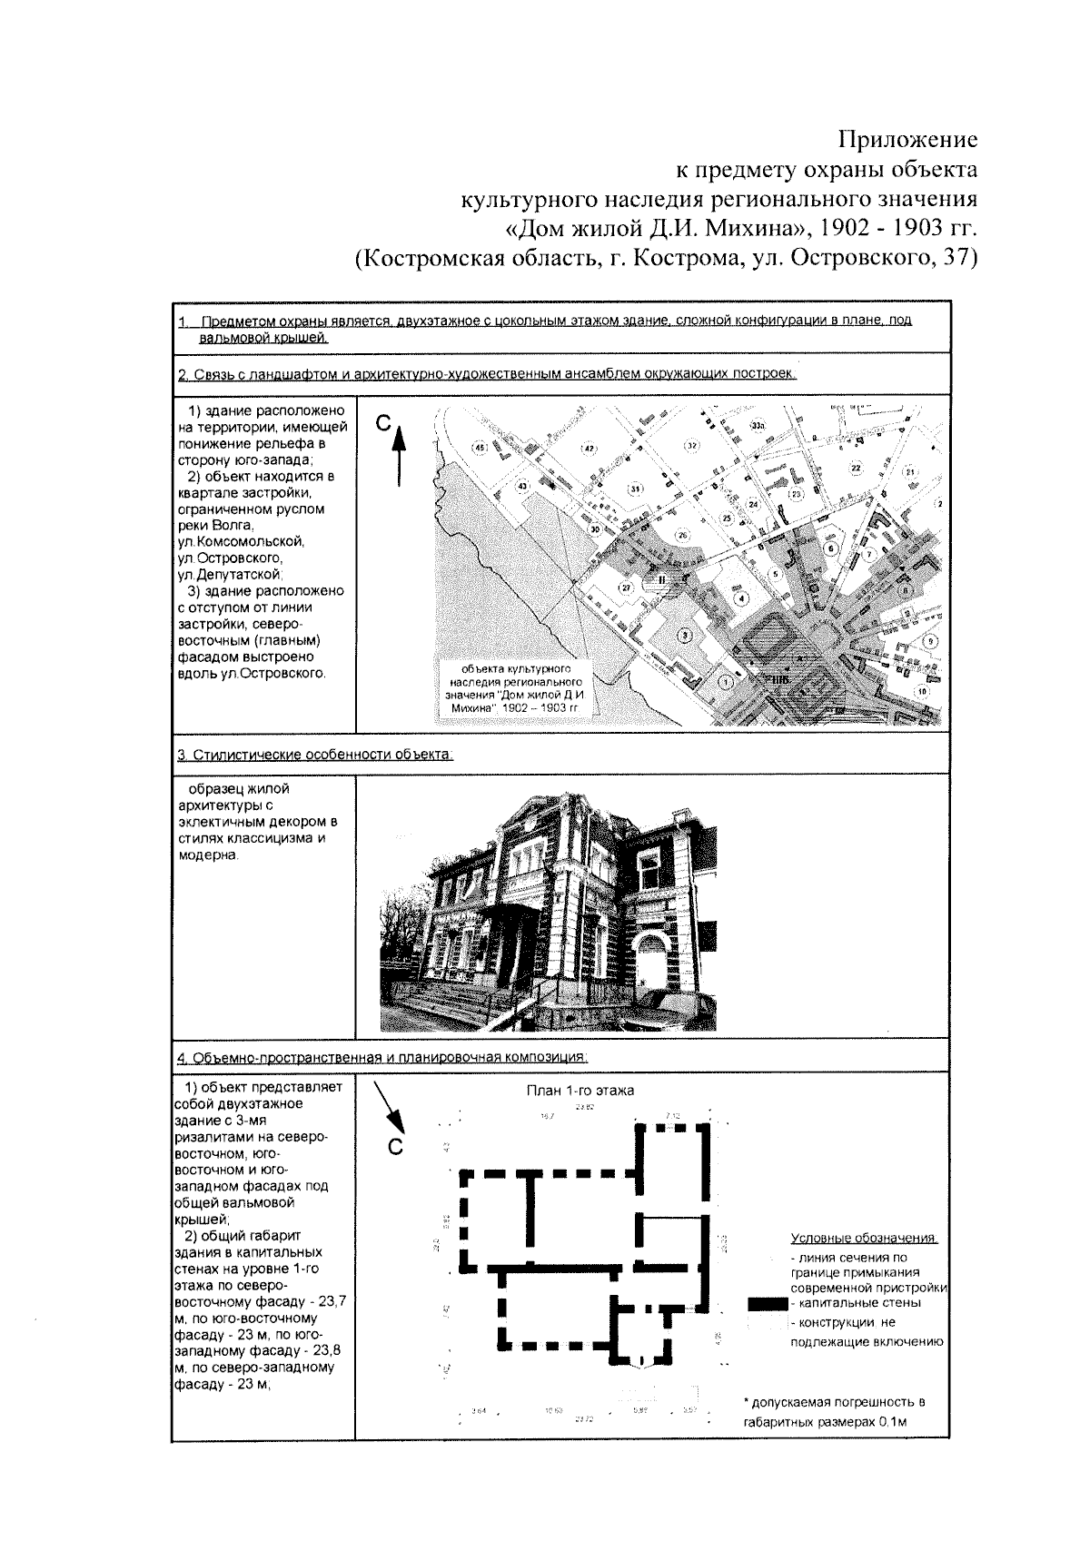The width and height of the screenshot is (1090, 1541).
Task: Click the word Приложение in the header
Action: [907, 139]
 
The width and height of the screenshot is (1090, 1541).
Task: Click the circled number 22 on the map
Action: [855, 467]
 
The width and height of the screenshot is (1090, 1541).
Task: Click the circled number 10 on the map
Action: [922, 691]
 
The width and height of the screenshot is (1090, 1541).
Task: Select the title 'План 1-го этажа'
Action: [580, 1090]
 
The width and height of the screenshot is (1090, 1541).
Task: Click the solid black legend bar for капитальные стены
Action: [766, 1302]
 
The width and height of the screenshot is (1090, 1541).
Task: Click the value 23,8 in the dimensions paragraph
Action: [327, 1349]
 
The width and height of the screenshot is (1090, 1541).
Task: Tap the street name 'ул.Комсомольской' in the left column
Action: [242, 541]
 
